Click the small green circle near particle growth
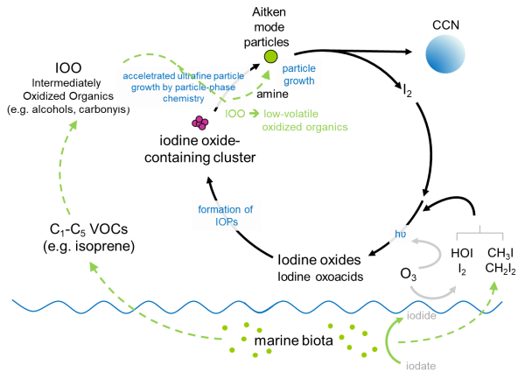(x=271, y=57)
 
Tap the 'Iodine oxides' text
(x=318, y=260)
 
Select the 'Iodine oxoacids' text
(x=319, y=277)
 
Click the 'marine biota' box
(x=293, y=339)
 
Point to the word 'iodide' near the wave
(x=423, y=312)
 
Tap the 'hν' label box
(x=399, y=235)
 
